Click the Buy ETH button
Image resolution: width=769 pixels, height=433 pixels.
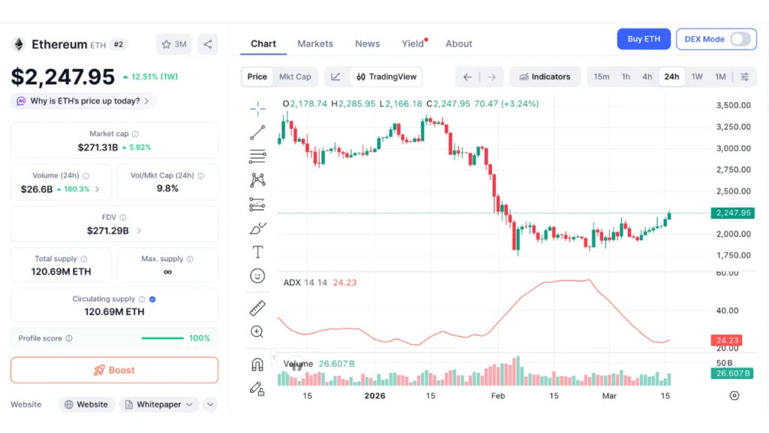(644, 39)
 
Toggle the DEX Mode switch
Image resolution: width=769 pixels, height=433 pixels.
(740, 39)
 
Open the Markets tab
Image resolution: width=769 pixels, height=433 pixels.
(315, 44)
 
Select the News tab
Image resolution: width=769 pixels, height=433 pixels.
(367, 44)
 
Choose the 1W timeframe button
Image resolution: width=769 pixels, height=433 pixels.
(697, 77)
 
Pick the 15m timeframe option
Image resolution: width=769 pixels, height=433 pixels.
(602, 77)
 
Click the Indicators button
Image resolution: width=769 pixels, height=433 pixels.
(544, 77)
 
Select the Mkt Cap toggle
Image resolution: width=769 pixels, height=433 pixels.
(295, 77)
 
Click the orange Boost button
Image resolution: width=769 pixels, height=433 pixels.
(114, 370)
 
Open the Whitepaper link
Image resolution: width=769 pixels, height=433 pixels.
(158, 404)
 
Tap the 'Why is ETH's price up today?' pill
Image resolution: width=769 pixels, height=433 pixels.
(83, 101)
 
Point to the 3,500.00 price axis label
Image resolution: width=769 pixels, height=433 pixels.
(733, 105)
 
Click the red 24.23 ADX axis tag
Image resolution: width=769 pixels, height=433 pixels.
(726, 341)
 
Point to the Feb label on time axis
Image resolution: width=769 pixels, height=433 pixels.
(498, 395)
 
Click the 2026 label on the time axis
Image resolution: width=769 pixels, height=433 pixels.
(375, 395)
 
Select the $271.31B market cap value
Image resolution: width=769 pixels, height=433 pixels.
(98, 147)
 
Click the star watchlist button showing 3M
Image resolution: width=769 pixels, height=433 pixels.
(173, 44)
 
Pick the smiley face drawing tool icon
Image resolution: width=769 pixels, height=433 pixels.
(258, 276)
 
